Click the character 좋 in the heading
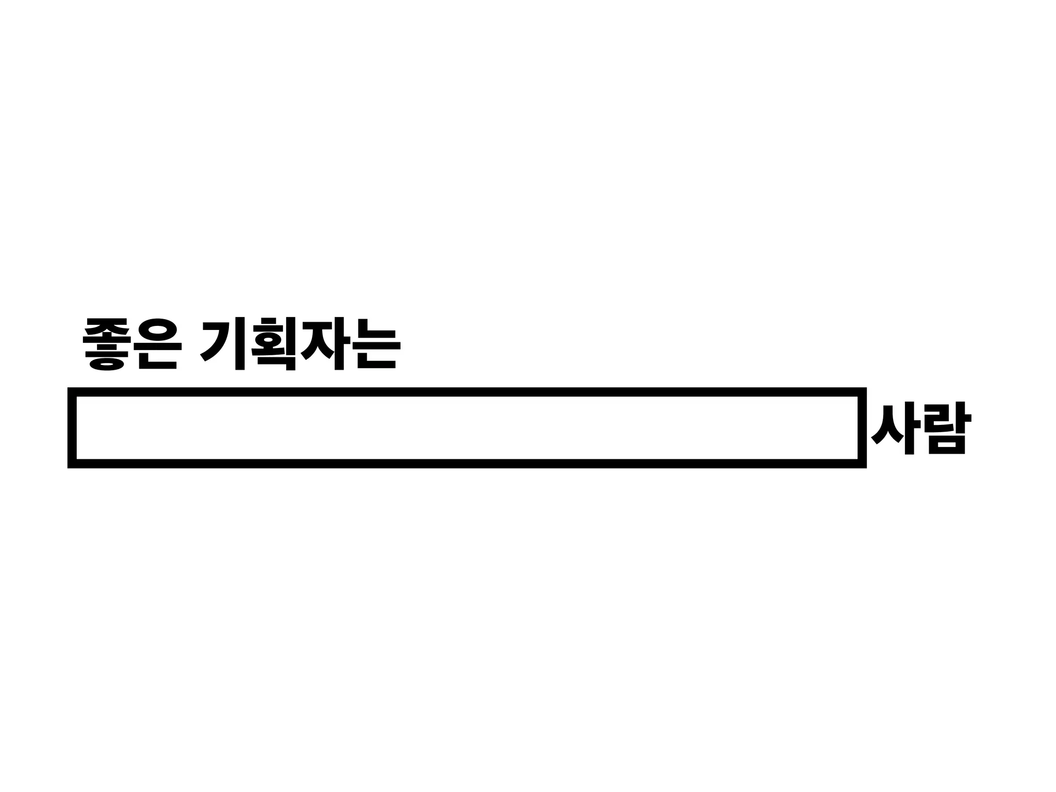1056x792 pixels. [x=106, y=343]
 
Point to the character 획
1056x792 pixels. [x=274, y=343]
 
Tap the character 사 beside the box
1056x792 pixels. [x=895, y=428]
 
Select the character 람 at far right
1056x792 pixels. [x=949, y=428]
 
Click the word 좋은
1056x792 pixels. [x=133, y=343]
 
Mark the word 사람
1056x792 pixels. [x=921, y=428]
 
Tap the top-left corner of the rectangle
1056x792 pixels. [x=72, y=392]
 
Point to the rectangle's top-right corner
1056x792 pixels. [x=862, y=392]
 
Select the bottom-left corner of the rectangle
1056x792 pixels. [x=72, y=464]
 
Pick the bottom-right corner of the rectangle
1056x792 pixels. [x=862, y=464]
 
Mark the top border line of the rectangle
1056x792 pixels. [x=467, y=392]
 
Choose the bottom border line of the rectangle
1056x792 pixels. [x=467, y=464]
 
